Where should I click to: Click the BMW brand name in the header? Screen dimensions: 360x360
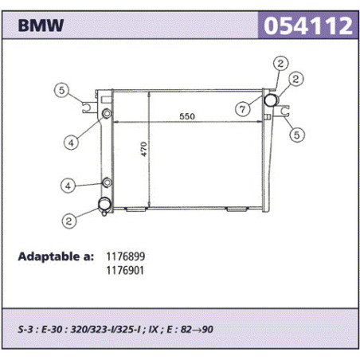(x=41, y=25)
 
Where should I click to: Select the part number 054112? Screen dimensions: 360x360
(x=308, y=25)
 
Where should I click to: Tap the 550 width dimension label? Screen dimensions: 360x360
(x=187, y=116)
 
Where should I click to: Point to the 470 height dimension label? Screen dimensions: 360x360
(x=143, y=149)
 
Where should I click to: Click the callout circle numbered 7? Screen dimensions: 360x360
(x=243, y=109)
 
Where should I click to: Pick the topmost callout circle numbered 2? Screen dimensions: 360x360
(x=281, y=64)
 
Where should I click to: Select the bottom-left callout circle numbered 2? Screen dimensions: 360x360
(x=69, y=221)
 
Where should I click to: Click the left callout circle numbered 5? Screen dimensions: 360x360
(x=61, y=90)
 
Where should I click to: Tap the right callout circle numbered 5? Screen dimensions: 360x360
(x=296, y=135)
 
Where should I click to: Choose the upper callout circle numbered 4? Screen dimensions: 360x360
(x=71, y=143)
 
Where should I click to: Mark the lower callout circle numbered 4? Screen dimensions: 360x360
(x=68, y=186)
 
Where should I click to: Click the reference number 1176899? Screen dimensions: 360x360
(x=126, y=256)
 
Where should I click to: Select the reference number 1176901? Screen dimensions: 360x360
(x=125, y=271)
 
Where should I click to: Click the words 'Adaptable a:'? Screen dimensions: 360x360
(x=56, y=256)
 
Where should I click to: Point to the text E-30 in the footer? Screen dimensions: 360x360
(x=52, y=330)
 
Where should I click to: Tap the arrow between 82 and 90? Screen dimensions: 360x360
(x=197, y=330)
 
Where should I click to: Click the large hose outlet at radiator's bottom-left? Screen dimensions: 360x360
(x=104, y=204)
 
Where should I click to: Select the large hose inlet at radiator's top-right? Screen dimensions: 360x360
(x=271, y=100)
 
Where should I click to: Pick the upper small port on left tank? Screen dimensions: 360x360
(x=107, y=114)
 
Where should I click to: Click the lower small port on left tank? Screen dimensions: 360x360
(x=108, y=182)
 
